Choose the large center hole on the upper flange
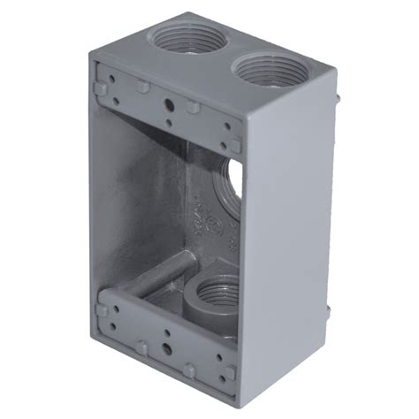[x=169, y=101]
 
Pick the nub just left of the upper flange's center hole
[x=141, y=88]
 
